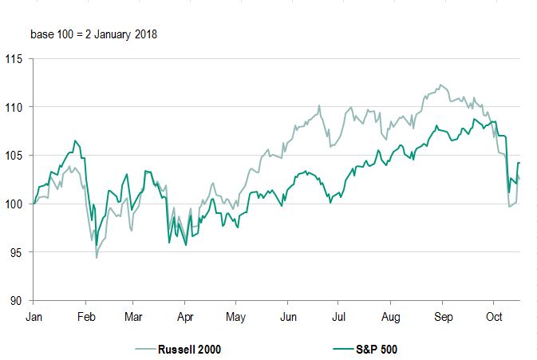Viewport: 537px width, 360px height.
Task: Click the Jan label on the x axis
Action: click(34, 317)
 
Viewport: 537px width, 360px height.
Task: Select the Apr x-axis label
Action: click(184, 317)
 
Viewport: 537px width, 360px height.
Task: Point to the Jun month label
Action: click(288, 317)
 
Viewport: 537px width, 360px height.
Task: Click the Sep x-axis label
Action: click(443, 317)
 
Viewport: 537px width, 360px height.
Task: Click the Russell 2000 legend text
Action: click(188, 349)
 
